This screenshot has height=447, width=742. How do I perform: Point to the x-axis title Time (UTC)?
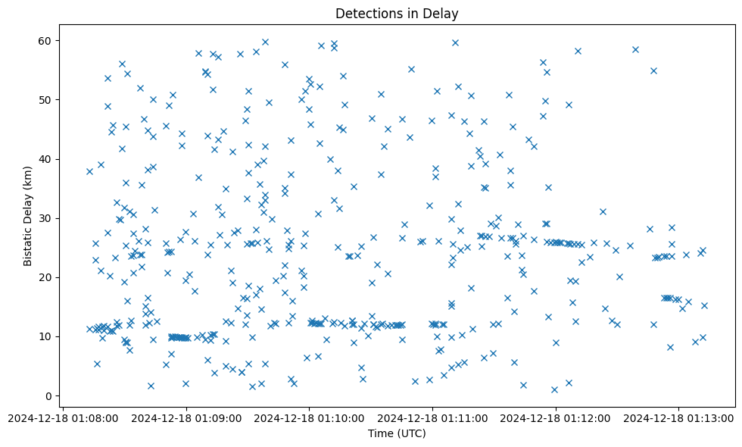pos(397,433)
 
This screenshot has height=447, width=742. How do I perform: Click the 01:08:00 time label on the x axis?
pos(64,417)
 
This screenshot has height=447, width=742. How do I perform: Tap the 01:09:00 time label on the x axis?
pos(187,417)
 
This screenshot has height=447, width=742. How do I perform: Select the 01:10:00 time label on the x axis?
pos(310,417)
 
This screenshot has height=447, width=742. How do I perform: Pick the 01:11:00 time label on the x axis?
pos(433,417)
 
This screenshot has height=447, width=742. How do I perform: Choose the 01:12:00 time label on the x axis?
pos(556,417)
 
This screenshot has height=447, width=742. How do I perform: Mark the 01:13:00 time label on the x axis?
pos(679,417)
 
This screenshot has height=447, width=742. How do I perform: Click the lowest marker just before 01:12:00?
pos(554,389)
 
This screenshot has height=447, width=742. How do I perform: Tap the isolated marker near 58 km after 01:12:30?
pos(635,50)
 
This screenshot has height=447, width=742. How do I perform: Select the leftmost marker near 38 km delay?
pos(89,171)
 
